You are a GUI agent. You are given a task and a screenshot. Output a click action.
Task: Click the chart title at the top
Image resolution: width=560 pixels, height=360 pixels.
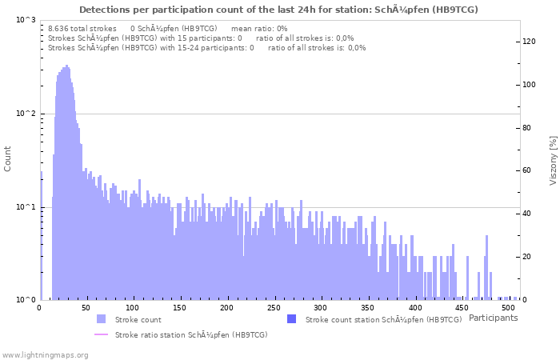(279, 10)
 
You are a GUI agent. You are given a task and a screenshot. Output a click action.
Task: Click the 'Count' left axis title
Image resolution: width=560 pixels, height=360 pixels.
(8, 160)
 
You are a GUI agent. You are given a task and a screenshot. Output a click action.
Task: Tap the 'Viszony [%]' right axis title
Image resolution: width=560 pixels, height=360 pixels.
(552, 160)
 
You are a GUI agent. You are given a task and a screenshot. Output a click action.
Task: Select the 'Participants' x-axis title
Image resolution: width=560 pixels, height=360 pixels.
(493, 318)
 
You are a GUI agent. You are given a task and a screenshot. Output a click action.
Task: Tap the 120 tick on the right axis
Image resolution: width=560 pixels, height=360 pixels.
(529, 42)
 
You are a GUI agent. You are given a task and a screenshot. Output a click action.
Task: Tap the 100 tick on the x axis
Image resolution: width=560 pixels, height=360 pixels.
(133, 307)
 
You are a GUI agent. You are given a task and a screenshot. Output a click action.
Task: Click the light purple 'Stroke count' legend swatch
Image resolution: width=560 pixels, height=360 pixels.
(101, 319)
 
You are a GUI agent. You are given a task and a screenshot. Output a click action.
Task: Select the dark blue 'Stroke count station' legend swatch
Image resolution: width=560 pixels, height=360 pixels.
(291, 319)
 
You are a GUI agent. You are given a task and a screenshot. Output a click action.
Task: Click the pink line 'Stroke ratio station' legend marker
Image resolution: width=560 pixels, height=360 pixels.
(101, 334)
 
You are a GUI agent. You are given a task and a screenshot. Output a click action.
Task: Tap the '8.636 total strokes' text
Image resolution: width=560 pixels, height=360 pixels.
(82, 28)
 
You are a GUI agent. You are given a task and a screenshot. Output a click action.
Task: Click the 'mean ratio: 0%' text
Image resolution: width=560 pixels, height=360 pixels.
(258, 28)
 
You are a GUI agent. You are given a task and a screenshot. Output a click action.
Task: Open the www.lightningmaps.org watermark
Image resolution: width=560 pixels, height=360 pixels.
(45, 354)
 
